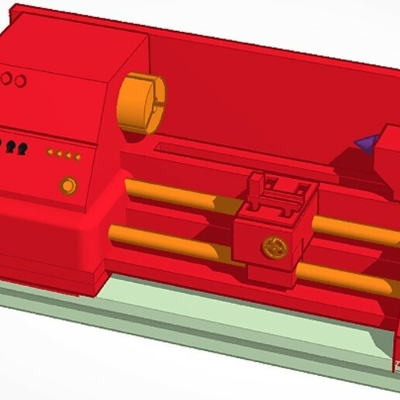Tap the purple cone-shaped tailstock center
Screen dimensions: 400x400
365,142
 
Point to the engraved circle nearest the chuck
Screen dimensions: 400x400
21,81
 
